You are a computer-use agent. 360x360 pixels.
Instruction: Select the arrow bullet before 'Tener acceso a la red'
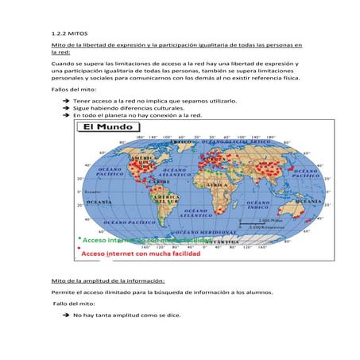point(66,103)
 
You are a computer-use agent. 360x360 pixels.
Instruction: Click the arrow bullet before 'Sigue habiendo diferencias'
point(66,109)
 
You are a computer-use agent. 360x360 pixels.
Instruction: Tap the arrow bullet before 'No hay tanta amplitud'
point(66,315)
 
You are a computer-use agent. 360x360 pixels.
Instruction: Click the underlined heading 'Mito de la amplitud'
point(107,281)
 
